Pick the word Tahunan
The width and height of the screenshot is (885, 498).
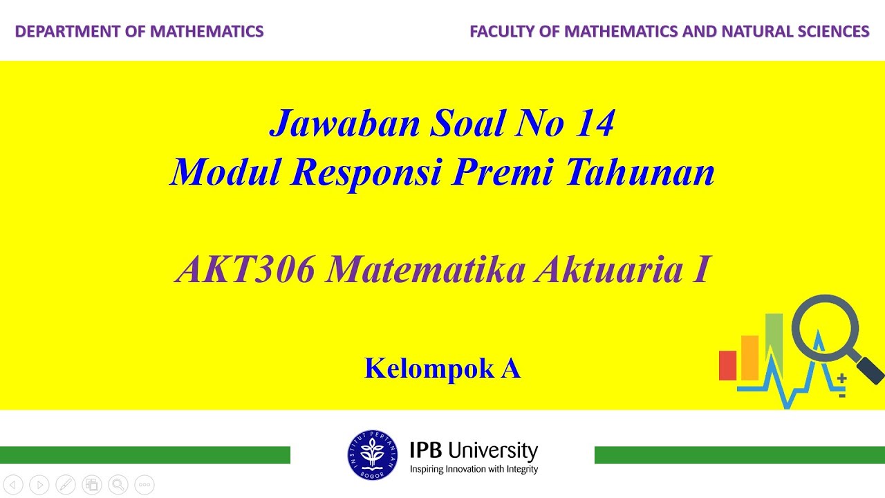point(639,172)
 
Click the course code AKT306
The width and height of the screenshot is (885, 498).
point(245,270)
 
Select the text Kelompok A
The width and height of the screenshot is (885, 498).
point(442,369)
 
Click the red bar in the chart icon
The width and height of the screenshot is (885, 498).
point(727,365)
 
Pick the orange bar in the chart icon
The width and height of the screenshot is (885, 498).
point(750,358)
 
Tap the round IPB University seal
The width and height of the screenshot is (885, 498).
point(372,455)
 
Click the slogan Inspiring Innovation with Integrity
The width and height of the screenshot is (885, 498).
point(474,470)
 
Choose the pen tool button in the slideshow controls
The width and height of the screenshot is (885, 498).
point(66,485)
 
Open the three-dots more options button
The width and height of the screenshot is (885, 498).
point(145,485)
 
